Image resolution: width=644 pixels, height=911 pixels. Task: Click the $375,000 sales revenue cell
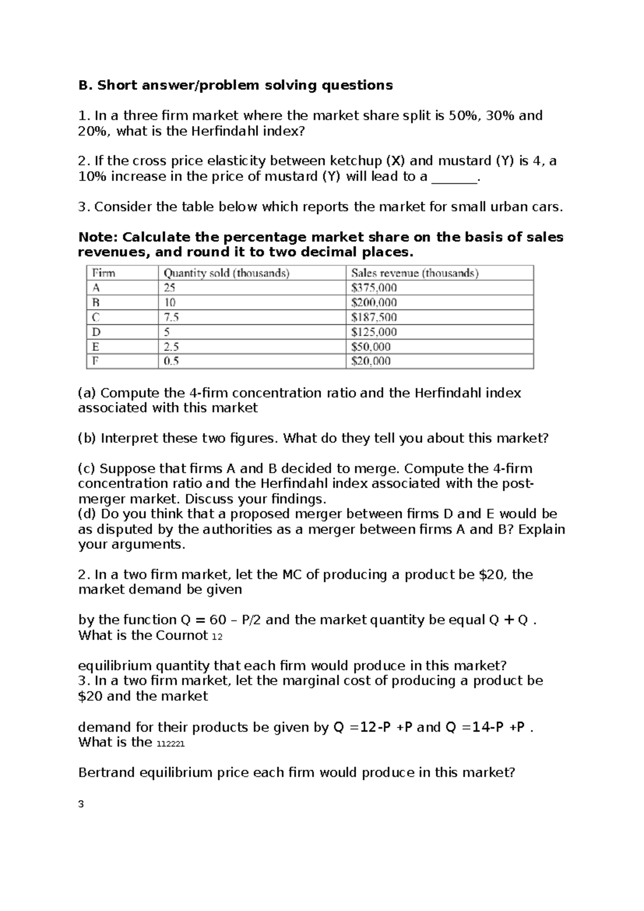point(374,287)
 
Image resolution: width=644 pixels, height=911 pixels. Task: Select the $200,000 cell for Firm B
point(374,302)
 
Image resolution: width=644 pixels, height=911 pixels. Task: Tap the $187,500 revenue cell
point(374,317)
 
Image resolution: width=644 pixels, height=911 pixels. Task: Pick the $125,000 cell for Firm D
point(374,332)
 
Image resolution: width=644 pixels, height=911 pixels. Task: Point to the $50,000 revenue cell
point(371,346)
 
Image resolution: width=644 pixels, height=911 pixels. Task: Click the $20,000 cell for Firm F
point(371,361)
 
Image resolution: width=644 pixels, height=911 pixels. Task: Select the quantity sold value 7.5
point(171,317)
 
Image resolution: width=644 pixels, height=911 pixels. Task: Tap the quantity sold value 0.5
point(171,361)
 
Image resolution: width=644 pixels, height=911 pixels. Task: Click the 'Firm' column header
point(104,273)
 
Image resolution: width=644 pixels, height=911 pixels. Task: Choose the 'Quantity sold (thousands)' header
point(226,273)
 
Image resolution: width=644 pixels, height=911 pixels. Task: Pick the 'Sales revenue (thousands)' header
point(415,273)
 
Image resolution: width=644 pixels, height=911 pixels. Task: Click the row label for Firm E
point(96,346)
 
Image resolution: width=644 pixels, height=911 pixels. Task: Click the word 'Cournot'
point(181,635)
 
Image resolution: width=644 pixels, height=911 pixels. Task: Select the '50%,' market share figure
point(464,115)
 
